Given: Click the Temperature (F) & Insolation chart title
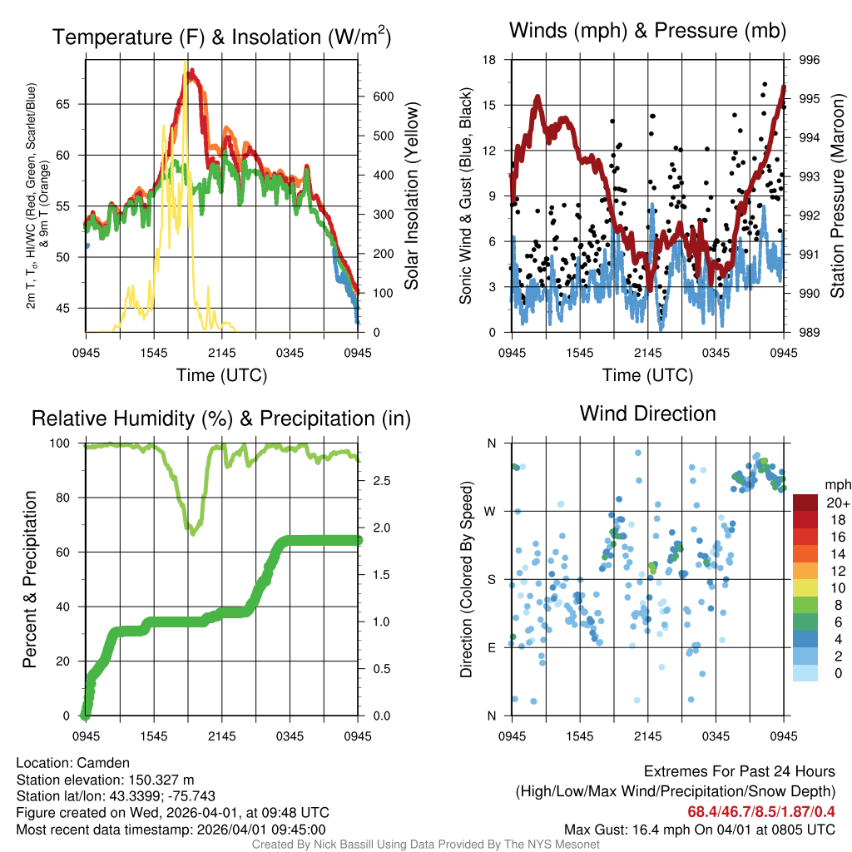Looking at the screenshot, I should point(222,37).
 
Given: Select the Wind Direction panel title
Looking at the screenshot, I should point(647,414).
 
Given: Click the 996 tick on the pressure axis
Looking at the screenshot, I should point(810,60).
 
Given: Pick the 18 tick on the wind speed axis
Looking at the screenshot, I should point(490,60).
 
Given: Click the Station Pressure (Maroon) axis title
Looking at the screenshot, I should point(837,196).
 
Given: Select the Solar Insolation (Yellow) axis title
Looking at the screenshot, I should point(412,196).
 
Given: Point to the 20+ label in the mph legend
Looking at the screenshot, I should point(838,503).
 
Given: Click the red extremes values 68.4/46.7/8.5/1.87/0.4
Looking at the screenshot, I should point(761,811).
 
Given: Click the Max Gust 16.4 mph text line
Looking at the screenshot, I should point(700,829).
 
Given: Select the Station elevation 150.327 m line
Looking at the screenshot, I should point(105,780).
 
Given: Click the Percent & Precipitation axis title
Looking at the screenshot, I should point(30,579).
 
